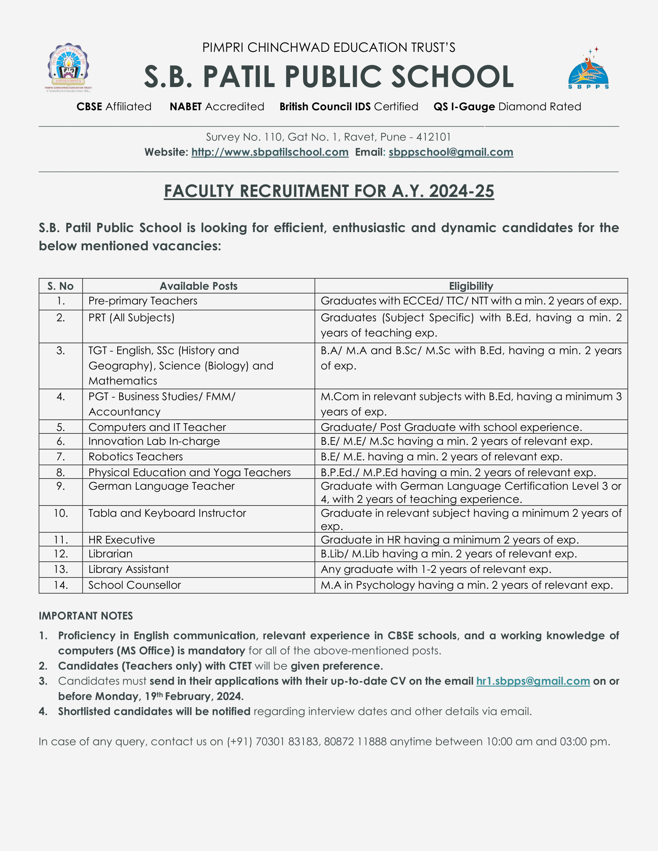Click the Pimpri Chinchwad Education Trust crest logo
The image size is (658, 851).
(x=68, y=67)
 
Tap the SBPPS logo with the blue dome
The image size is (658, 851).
(x=588, y=70)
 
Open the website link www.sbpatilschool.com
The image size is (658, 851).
(x=270, y=152)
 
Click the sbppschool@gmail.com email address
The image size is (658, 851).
(x=451, y=152)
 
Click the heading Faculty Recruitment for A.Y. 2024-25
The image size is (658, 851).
(x=329, y=191)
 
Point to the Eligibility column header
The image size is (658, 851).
(x=471, y=286)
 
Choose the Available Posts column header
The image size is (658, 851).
(x=199, y=286)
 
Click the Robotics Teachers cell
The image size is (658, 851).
(x=135, y=457)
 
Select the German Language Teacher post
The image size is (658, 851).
(x=161, y=486)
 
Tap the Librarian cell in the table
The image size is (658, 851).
(x=110, y=554)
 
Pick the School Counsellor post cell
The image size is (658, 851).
(x=134, y=585)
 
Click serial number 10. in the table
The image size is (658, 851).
(x=61, y=513)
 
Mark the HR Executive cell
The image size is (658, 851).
(x=122, y=540)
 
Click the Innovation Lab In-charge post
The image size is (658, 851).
(x=154, y=441)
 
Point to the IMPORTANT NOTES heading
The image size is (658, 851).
(x=86, y=616)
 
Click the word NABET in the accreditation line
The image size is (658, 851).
(x=185, y=107)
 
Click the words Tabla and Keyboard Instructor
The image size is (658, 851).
(x=167, y=513)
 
